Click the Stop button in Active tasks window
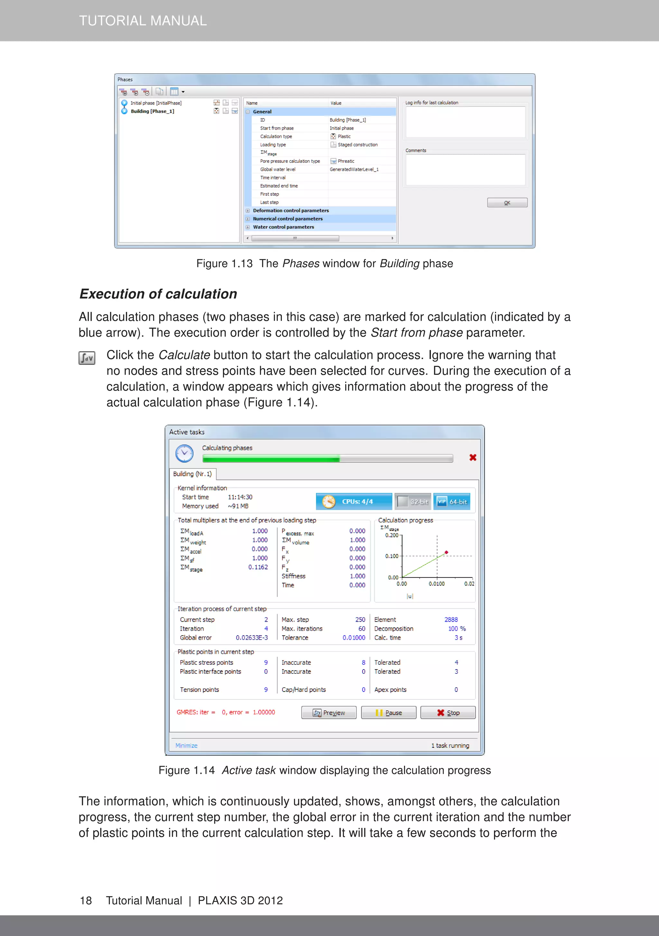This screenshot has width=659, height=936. coord(448,713)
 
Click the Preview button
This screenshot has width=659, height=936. coord(329,713)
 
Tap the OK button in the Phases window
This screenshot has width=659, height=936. coord(507,203)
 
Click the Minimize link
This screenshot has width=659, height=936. coord(186,745)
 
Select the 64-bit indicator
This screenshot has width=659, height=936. coord(452,501)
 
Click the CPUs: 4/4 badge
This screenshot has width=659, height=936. coord(354,501)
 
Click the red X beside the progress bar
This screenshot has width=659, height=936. coord(473,458)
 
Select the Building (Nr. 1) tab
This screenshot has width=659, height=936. coord(192,474)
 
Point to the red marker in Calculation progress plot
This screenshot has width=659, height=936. coord(447,552)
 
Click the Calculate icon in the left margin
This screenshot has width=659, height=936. coord(87,358)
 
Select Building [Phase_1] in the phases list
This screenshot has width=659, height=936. coord(152,111)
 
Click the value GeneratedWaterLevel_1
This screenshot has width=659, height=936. coord(354,169)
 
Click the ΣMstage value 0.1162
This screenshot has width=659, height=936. coord(258,567)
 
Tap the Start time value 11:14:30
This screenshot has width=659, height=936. coord(240,497)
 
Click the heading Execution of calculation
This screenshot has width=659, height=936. coord(158,294)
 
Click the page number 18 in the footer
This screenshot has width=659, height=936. coord(86,901)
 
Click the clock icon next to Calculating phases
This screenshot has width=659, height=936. coord(184,453)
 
